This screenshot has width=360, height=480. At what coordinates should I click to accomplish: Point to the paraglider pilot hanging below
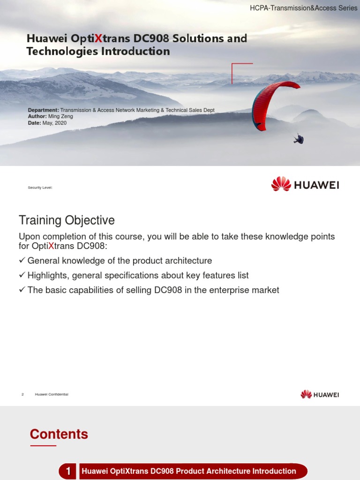pos(299,139)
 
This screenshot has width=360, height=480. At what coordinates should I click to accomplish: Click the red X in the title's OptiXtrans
pos(98,38)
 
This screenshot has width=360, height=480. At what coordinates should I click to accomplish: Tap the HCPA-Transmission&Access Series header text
pos(303,8)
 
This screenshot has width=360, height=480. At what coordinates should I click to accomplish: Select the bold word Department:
pos(44,110)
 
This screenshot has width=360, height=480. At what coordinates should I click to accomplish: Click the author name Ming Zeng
pos(61,116)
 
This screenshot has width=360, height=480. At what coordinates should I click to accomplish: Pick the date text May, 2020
pos(57,123)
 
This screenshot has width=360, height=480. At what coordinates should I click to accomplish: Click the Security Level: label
pos(40,187)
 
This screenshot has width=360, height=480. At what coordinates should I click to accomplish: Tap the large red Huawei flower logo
pos(281,184)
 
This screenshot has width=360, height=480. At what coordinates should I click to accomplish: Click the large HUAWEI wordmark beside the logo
pos(316,185)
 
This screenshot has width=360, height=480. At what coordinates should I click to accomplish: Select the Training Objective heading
pos(67,220)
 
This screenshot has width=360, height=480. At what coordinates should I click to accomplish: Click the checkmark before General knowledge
pos(22,260)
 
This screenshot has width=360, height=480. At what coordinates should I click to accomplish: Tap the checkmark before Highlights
pos(22,275)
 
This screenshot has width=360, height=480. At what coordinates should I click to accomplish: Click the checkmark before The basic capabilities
pos(22,290)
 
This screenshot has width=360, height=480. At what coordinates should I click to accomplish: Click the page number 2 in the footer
pos(22,394)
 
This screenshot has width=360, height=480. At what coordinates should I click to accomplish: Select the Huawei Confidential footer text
pos(52,394)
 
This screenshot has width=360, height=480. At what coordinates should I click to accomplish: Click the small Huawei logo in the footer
pos(306,394)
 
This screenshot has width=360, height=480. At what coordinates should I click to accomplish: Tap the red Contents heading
pos(59,434)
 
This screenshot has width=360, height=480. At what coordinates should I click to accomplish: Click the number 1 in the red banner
pos(68,471)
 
